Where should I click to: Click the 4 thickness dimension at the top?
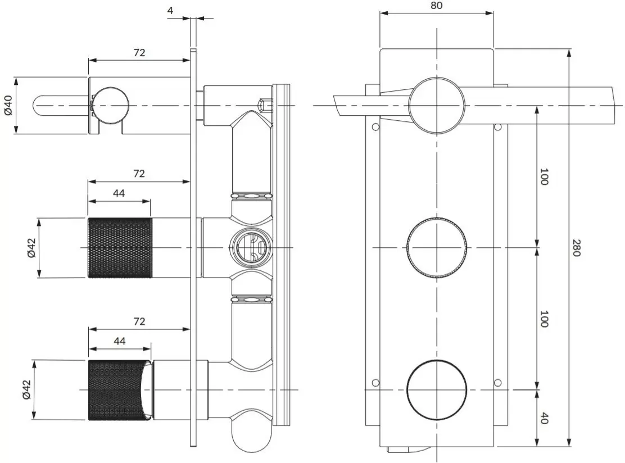[x=171, y=10]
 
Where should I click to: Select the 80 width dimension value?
[x=437, y=5]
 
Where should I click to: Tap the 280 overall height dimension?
[x=576, y=247]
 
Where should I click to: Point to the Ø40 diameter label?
[x=8, y=105]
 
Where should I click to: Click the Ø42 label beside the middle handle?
[x=31, y=248]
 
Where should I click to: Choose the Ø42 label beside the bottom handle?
[x=26, y=390]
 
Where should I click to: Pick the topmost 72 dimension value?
[x=139, y=53]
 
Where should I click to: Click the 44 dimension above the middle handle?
[x=119, y=193]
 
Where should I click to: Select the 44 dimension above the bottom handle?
[x=120, y=341]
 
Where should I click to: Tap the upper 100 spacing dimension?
[x=544, y=176]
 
